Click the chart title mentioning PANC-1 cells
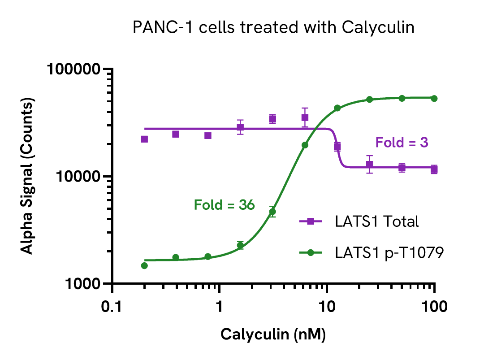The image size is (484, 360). tap(273, 28)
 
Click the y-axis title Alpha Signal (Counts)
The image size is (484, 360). tap(28, 177)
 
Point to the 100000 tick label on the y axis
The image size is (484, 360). tap(73, 69)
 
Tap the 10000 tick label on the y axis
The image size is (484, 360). tap(78, 177)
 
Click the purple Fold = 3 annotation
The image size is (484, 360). tap(402, 143)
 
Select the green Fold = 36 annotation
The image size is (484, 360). tap(224, 205)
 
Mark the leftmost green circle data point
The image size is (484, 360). tap(144, 265)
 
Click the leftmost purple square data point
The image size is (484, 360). tap(144, 139)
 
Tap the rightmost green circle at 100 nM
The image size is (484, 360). tap(434, 98)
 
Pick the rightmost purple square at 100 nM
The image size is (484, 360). tap(434, 169)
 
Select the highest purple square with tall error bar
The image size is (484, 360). tap(305, 118)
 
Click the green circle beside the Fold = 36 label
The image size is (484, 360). tap(272, 212)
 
